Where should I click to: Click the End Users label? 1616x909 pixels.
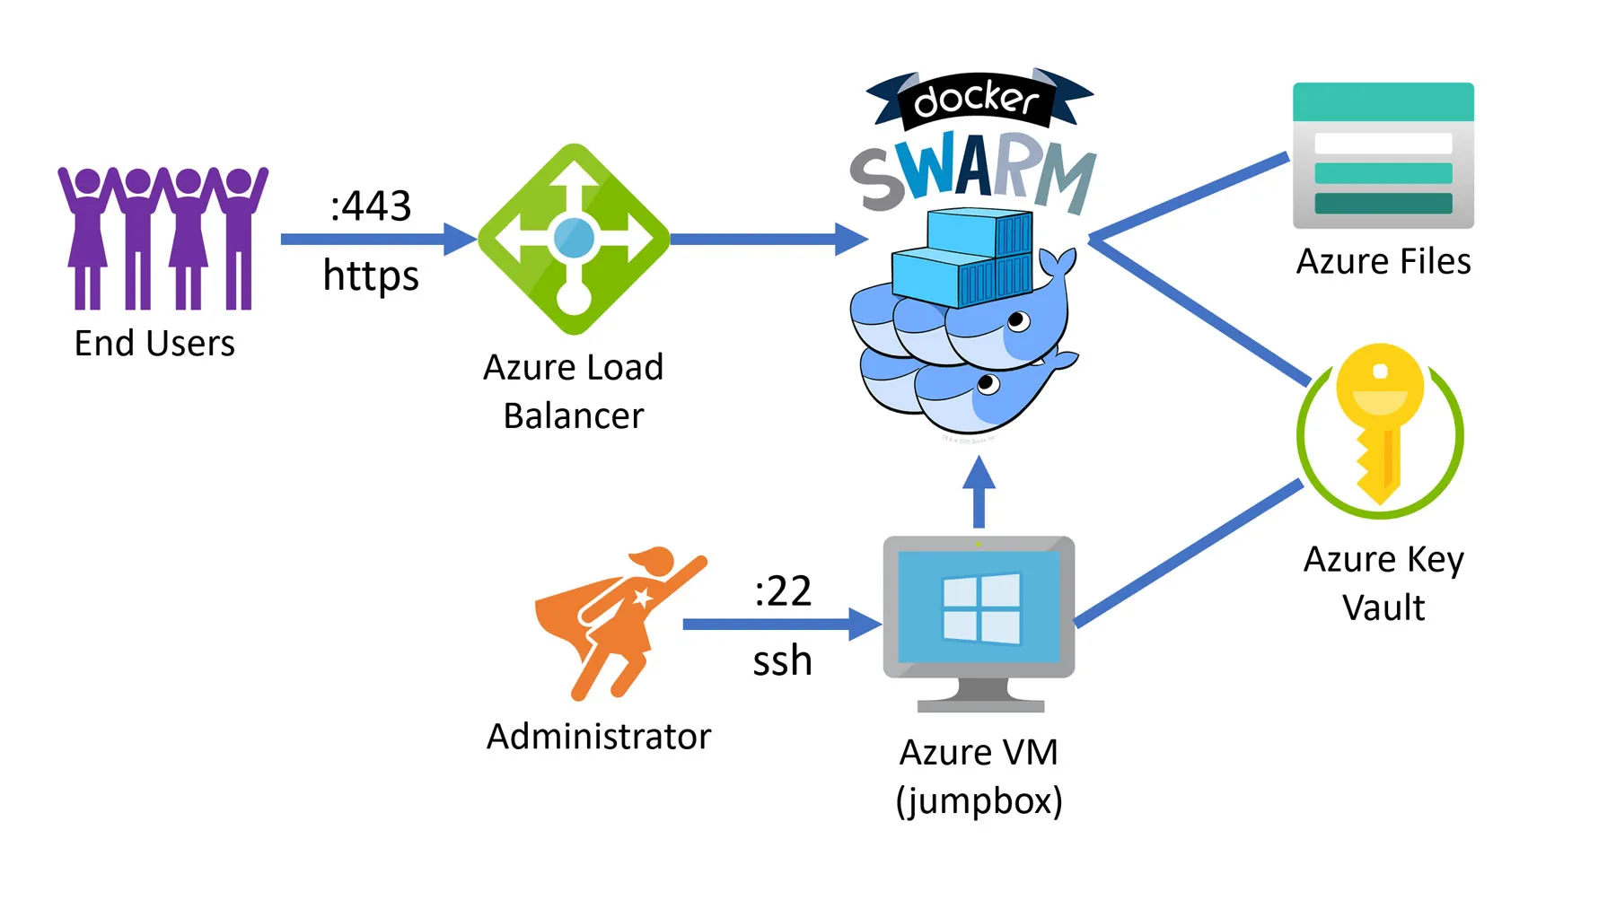coord(154,344)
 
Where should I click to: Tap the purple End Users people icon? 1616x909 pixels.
coord(162,238)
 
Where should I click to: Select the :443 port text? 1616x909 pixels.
coord(371,206)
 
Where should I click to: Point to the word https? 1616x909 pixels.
coord(371,275)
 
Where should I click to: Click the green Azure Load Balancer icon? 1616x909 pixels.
coord(574,239)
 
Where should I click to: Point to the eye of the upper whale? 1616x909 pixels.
coord(1017,320)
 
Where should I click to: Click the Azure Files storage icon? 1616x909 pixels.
coord(1383,156)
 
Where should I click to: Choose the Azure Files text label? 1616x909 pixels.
coord(1383,262)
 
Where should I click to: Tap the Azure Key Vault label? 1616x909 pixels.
coord(1383,583)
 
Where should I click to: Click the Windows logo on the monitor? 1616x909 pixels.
coord(980,607)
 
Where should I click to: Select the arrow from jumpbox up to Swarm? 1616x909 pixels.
coord(979,494)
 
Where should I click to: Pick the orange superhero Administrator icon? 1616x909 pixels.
coord(619,619)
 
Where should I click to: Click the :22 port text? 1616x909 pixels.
coord(783,591)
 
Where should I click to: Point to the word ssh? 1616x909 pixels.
coord(782,661)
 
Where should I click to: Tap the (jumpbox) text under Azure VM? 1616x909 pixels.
coord(979,800)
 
